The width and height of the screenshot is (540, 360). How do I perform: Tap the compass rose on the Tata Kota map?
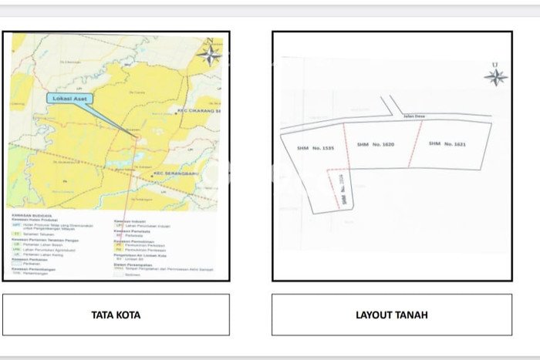pyautogui.click(x=208, y=54)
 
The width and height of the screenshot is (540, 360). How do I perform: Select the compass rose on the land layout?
pyautogui.click(x=495, y=76)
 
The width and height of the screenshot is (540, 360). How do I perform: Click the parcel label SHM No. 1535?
pyautogui.click(x=316, y=148)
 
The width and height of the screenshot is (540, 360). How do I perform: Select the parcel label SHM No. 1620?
pyautogui.click(x=376, y=144)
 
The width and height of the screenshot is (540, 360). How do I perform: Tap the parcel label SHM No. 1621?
pyautogui.click(x=447, y=143)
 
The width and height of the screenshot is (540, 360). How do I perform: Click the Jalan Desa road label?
pyautogui.click(x=414, y=117)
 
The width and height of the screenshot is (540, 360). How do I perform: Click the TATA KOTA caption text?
pyautogui.click(x=116, y=315)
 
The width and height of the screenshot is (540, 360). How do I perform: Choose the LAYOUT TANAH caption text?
pyautogui.click(x=391, y=315)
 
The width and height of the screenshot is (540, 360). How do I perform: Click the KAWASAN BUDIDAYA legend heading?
pyautogui.click(x=30, y=215)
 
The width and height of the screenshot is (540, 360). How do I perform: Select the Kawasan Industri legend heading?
pyautogui.click(x=130, y=221)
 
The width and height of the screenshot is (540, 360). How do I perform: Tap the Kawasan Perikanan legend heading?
pyautogui.click(x=31, y=259)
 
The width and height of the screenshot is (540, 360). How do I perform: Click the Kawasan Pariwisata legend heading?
pyautogui.click(x=132, y=230)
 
